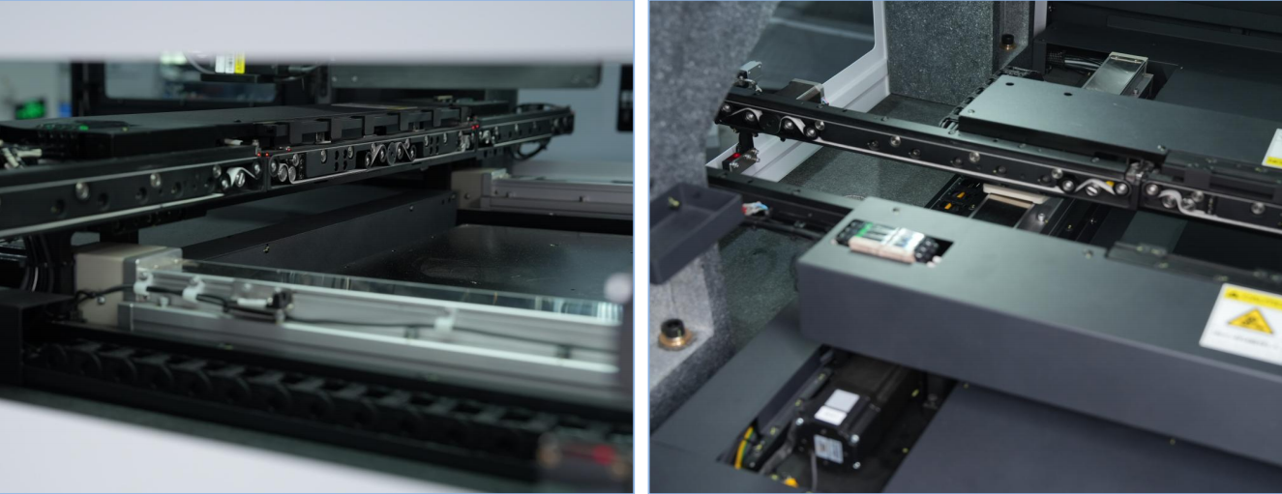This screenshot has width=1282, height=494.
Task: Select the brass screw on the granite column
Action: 1007,40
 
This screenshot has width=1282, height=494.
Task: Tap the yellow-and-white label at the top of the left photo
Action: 228,63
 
